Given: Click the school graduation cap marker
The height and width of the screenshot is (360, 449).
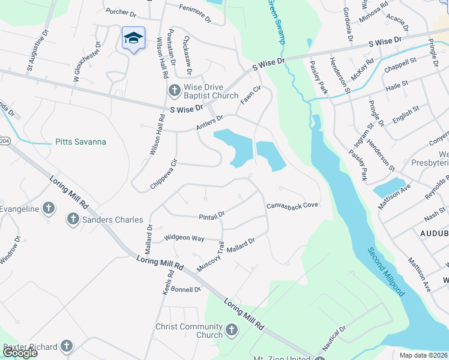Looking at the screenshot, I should [133, 38].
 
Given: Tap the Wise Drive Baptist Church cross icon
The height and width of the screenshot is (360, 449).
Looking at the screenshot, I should [174, 91].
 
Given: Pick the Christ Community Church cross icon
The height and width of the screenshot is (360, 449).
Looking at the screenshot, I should [231, 330].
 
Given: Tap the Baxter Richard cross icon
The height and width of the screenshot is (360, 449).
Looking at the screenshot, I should [66, 346].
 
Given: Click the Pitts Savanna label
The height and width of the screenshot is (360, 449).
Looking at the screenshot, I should [80, 142].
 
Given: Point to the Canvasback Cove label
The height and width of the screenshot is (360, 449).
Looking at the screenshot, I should [292, 206].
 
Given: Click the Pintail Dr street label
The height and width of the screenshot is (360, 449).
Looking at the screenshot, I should [212, 214].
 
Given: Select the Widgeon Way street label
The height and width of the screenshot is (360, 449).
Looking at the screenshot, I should [185, 238].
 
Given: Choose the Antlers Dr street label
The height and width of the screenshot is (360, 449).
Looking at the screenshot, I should [209, 124].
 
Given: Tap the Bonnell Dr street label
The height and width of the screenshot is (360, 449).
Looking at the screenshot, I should [185, 289].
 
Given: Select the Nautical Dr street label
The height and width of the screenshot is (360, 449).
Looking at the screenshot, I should [335, 339].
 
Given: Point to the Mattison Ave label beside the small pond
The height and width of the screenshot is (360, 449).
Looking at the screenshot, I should [394, 196].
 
